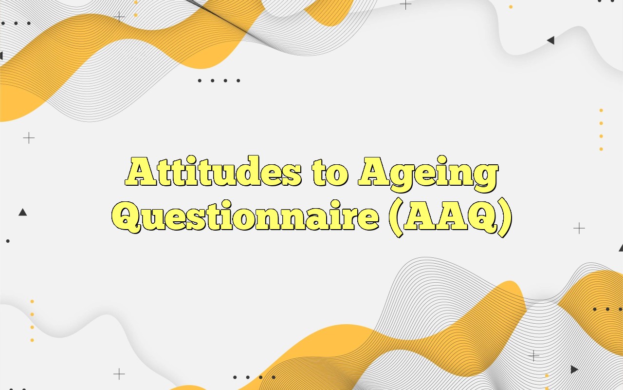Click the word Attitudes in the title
(x=213, y=173)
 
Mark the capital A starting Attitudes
(x=139, y=173)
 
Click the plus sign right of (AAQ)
(x=579, y=228)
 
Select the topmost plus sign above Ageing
(x=405, y=4)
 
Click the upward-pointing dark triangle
(x=22, y=212)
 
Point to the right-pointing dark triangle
(x=574, y=370)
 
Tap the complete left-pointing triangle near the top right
(x=550, y=40)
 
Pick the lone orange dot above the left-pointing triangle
(x=511, y=7)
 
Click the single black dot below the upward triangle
(x=8, y=241)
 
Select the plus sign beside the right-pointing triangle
(x=534, y=356)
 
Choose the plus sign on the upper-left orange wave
(x=119, y=17)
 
